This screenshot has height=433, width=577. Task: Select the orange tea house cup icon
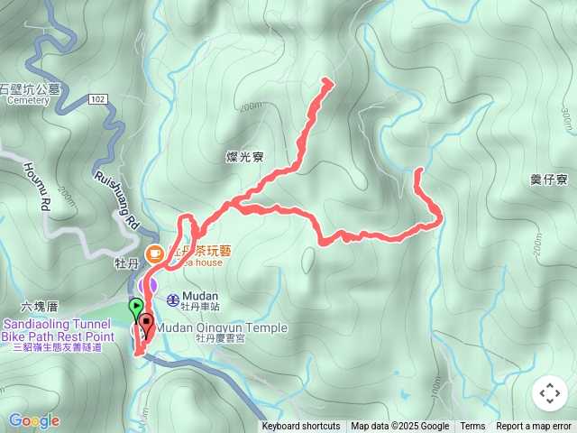(x=154, y=253)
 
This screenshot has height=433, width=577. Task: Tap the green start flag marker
(x=135, y=308)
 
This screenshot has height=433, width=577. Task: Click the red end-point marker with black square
(x=145, y=325)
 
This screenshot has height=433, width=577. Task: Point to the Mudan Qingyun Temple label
(x=222, y=327)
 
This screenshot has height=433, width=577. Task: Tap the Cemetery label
(x=28, y=100)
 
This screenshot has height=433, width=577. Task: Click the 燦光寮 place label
(x=244, y=157)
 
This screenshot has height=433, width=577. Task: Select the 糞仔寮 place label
(x=549, y=180)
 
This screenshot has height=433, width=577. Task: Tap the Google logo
(x=33, y=420)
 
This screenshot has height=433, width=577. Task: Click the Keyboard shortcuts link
(x=301, y=427)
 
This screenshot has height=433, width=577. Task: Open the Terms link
(x=472, y=427)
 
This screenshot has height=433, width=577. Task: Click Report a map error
(x=534, y=427)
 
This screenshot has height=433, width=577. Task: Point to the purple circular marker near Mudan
(x=148, y=285)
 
